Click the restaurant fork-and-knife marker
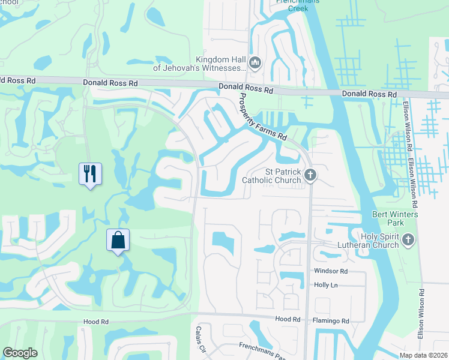(90, 174)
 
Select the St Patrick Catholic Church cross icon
(310, 175)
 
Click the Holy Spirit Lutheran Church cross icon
(408, 241)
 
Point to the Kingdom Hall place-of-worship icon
(255, 63)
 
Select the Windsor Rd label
(331, 271)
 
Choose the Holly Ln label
(326, 285)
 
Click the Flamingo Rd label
(331, 321)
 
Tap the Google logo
(20, 353)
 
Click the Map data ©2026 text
(423, 355)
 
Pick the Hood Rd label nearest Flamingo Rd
(288, 319)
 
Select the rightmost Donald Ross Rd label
(369, 95)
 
